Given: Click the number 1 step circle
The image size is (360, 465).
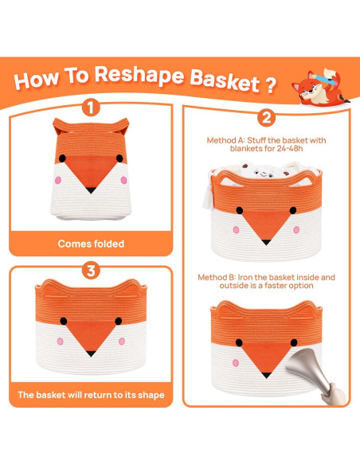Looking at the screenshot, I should [92, 107].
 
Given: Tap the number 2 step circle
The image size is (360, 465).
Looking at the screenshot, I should [266, 117].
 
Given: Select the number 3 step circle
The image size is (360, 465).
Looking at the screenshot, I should [92, 271].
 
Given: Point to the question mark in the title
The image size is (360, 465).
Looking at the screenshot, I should [273, 82].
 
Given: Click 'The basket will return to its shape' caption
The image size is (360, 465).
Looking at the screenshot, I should [91, 394].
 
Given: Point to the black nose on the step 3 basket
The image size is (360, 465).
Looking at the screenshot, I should [92, 351].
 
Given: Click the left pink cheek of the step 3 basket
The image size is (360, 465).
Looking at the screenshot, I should [60, 342].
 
